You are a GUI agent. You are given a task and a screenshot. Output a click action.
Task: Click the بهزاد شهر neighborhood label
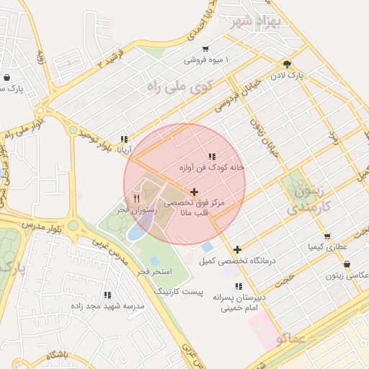257,22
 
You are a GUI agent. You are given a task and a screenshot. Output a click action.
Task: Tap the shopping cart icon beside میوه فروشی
205,50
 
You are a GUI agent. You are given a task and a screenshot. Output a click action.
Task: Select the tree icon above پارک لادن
287,63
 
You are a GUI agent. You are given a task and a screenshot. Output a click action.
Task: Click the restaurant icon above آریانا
125,140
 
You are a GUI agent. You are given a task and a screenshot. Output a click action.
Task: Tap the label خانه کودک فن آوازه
213,167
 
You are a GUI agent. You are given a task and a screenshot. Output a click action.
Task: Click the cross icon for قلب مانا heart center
194,192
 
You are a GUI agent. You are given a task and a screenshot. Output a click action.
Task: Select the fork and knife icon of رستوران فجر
135,197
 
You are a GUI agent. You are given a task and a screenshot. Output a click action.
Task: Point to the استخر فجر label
154,271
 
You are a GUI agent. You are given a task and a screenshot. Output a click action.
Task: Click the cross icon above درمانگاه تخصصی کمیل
237,249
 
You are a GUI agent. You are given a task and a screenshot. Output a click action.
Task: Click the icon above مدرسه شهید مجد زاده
107,295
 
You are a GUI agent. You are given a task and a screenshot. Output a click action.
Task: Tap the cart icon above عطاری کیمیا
327,236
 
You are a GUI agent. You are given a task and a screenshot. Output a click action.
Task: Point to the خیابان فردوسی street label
235,101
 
